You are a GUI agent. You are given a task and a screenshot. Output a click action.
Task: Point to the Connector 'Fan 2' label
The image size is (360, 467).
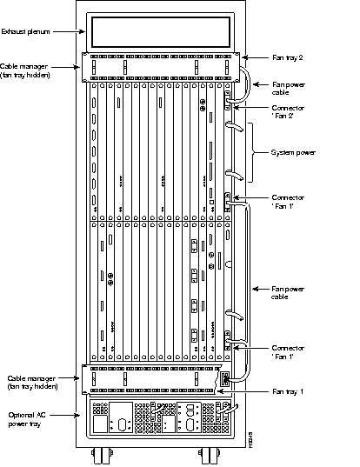(288, 111)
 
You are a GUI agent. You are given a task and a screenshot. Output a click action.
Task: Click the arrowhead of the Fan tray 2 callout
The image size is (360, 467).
(241, 57)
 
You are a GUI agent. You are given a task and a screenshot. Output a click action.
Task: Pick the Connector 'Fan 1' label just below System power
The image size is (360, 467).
(288, 201)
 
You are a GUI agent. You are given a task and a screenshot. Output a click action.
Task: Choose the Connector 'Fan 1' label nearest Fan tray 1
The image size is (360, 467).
(288, 352)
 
